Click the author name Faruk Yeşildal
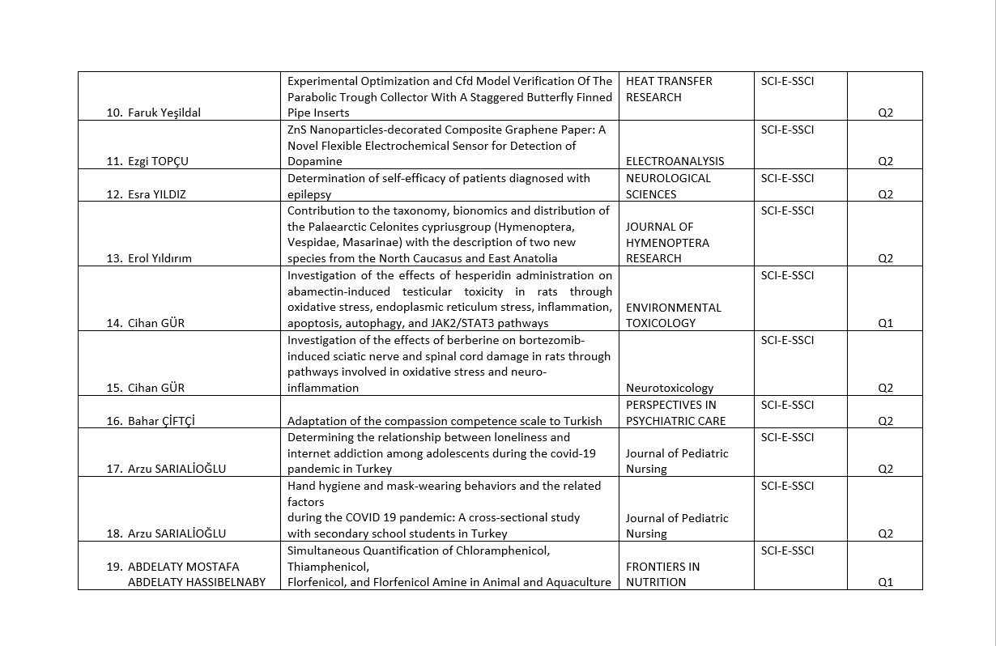[164, 113]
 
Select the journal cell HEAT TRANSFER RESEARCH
[669, 89]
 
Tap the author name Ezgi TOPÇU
[158, 161]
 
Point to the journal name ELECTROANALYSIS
[675, 161]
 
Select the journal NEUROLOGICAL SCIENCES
[668, 186]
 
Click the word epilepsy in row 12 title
[309, 194]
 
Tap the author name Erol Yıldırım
[160, 258]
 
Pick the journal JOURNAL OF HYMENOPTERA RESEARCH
[667, 243]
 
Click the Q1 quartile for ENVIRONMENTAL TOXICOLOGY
[885, 323]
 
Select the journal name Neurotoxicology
[670, 388]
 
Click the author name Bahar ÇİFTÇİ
[161, 421]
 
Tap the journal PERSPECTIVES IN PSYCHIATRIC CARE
[675, 413]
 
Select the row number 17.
[113, 469]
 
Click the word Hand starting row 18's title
[301, 486]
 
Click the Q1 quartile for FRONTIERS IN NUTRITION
[885, 582]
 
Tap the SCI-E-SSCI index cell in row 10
[787, 81]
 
